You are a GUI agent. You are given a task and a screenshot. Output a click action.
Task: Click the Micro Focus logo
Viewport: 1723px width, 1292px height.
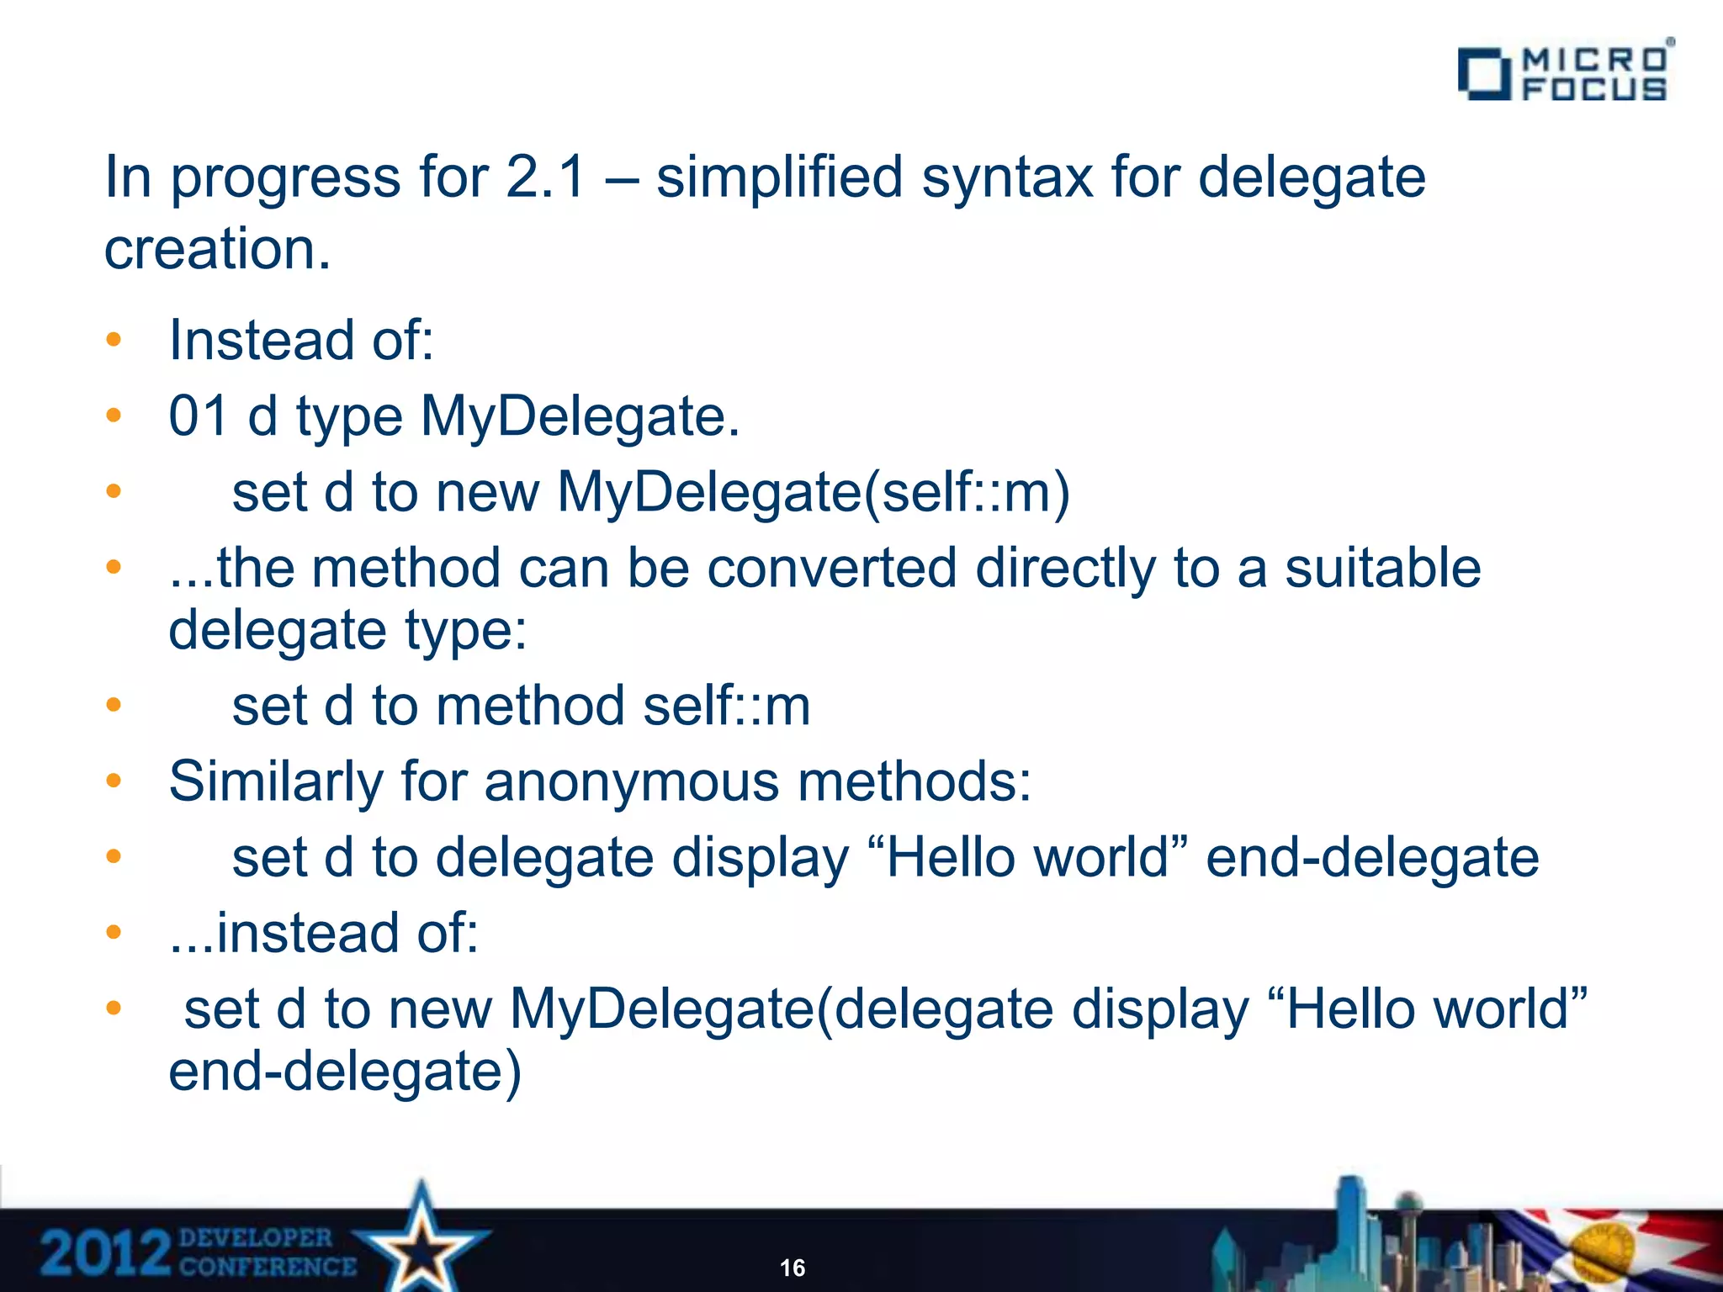1565,73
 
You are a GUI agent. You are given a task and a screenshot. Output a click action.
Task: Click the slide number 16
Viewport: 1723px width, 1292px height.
793,1268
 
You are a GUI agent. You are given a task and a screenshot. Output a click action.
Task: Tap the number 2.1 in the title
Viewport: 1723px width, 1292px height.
545,177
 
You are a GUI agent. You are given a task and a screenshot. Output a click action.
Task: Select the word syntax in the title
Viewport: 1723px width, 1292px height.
1007,179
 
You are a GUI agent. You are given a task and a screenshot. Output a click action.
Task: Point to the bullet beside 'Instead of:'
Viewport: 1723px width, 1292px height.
114,341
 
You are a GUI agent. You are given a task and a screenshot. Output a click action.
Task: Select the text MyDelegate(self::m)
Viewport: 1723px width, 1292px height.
813,492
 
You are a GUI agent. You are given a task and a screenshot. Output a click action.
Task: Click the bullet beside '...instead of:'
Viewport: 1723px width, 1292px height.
114,932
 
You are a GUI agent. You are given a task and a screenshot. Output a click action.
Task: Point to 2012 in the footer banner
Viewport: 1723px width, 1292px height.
105,1252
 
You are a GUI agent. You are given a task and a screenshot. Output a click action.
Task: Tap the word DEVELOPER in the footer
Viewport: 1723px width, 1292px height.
256,1237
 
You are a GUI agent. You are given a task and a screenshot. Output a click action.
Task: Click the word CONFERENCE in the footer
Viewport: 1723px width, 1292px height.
268,1267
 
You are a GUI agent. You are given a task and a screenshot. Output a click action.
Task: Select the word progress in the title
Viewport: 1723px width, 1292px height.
286,179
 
